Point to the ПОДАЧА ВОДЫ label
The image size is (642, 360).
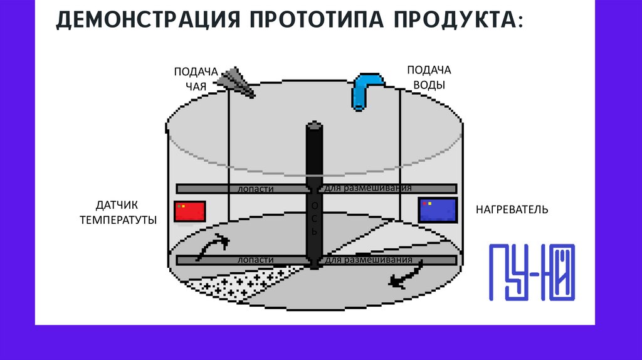coord(429,77)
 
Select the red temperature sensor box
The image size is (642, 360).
coord(191,211)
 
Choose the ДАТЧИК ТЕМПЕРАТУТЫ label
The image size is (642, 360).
coord(118,212)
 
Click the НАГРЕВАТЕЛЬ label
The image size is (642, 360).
coord(512,209)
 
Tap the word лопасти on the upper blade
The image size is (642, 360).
coord(256,189)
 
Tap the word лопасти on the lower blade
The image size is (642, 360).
coord(256,260)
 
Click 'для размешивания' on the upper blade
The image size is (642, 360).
coord(369,188)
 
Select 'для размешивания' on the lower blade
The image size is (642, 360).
coord(369,260)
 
